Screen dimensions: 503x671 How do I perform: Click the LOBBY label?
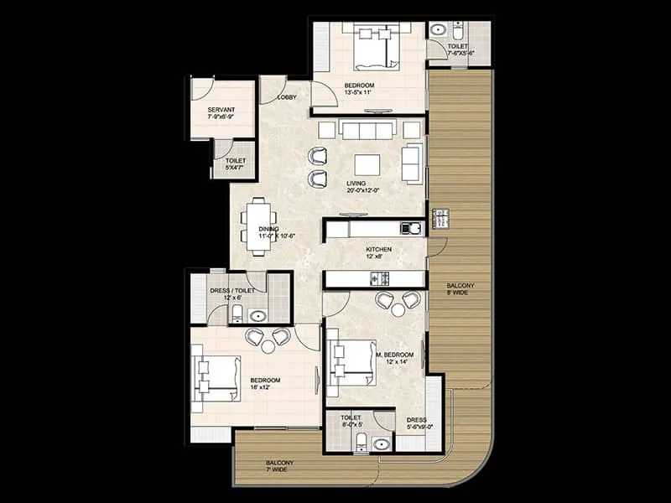point(286,97)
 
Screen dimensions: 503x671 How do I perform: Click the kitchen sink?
point(410,228)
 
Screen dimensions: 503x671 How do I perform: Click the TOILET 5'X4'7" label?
point(235,163)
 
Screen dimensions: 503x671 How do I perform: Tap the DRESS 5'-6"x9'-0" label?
point(419,423)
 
